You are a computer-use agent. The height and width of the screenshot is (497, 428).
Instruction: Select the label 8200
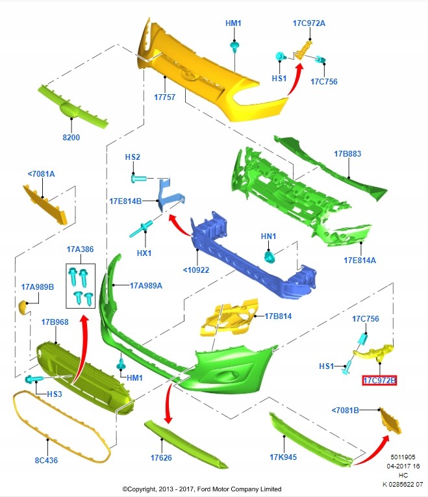71,138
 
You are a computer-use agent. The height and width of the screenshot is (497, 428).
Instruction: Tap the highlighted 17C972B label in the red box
379,380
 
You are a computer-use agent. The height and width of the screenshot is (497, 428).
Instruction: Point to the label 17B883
347,154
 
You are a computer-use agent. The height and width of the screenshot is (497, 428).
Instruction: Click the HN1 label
269,236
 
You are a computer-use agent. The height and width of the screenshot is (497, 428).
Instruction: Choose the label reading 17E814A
360,260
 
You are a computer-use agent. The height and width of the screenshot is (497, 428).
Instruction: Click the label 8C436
47,461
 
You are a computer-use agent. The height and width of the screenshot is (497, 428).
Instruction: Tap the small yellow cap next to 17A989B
24,307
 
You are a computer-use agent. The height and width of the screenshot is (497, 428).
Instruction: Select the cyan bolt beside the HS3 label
31,379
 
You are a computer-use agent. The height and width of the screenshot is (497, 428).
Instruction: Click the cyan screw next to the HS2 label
139,177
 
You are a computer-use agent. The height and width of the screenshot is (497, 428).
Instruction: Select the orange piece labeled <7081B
390,421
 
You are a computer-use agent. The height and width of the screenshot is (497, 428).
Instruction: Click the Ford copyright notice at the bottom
201,489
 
